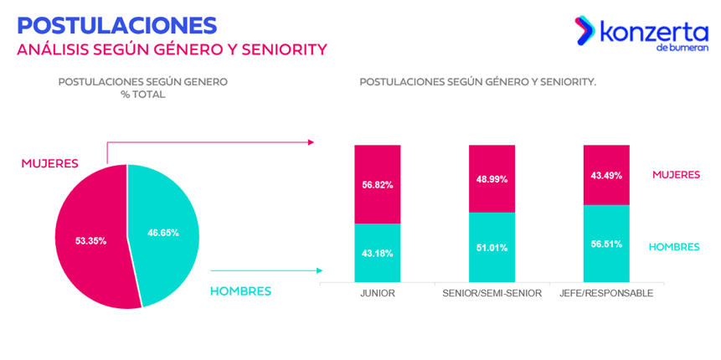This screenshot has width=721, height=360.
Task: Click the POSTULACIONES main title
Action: pos(116,26)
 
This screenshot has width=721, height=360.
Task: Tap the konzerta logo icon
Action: pos(585,31)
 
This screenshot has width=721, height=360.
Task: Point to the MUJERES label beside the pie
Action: pos(49,163)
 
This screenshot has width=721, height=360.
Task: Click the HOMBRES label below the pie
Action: pos(240,291)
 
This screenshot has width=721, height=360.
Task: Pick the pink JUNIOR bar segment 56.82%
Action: pos(378,184)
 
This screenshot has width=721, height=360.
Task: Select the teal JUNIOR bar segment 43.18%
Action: pos(378,253)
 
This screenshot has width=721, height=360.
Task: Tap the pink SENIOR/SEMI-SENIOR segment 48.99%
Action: pos(492,179)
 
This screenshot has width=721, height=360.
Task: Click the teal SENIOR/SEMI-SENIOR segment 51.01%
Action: pos(492,247)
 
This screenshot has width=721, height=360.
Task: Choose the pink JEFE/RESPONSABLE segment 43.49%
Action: pos(606,175)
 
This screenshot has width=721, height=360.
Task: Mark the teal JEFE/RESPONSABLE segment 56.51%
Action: pos(606,244)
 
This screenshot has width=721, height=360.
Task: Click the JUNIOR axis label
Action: pos(378,293)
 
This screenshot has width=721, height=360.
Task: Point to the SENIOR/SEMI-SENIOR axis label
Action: pos(492,293)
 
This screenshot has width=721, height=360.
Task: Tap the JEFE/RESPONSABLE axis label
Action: pos(606,293)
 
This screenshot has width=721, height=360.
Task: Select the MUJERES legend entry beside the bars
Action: pos(677,174)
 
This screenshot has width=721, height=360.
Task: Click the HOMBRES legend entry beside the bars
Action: pos(674,247)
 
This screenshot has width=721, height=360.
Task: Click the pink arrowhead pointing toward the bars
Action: pos(312,142)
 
